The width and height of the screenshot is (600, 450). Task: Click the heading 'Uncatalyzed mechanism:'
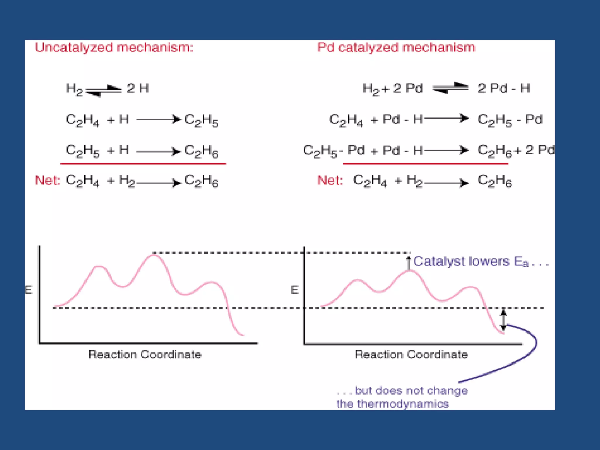(114, 47)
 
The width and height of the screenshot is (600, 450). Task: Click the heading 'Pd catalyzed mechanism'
(396, 47)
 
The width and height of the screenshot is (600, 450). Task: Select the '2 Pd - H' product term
(504, 88)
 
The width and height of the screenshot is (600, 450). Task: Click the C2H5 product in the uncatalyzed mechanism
(201, 120)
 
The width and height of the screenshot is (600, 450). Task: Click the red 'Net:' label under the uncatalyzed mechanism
(47, 180)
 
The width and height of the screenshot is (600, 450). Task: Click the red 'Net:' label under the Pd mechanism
(330, 180)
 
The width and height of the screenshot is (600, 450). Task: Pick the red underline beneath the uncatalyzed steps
(143, 164)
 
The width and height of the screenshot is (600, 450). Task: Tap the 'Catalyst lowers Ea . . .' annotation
(480, 262)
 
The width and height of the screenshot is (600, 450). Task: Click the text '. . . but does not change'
(402, 391)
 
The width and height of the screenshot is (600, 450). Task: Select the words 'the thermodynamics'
(392, 404)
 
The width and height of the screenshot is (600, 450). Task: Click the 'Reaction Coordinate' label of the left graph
(145, 354)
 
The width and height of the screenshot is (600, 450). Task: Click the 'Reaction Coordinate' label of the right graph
(411, 354)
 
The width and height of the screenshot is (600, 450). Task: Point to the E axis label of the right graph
(294, 290)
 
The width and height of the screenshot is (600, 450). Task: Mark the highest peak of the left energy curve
(154, 255)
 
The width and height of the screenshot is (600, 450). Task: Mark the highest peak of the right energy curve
(410, 271)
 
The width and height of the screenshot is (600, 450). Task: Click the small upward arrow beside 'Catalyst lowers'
(409, 263)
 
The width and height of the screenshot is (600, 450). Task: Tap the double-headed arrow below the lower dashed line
(503, 321)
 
